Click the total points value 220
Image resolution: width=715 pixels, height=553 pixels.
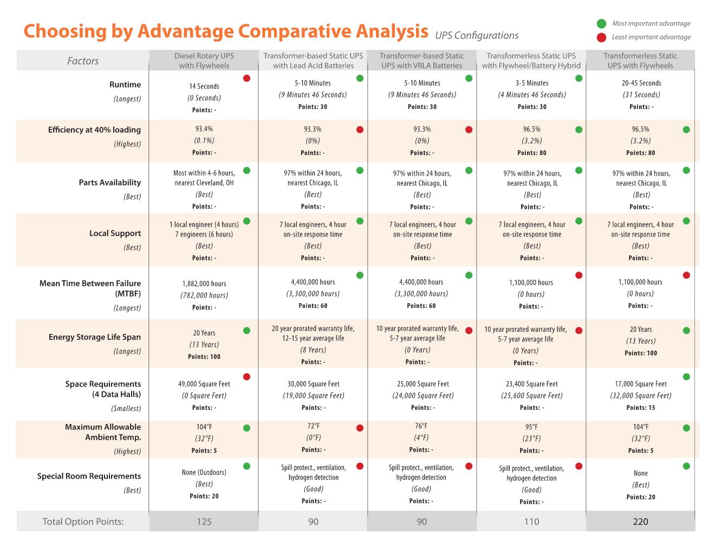click(640, 522)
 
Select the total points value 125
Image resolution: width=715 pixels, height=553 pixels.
click(204, 522)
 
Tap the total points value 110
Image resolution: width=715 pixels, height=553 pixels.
click(531, 522)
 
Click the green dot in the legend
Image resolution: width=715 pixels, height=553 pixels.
click(601, 24)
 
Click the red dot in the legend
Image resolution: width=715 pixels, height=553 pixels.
click(601, 37)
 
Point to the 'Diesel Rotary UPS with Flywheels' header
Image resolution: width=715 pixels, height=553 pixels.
click(204, 61)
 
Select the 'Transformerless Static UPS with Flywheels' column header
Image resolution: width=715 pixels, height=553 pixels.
click(640, 61)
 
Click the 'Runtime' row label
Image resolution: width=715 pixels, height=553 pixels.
click(125, 85)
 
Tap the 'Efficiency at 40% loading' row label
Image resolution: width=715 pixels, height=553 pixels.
click(94, 130)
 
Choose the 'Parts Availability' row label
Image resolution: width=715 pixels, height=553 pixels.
click(110, 183)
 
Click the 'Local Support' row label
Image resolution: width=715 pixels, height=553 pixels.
click(115, 234)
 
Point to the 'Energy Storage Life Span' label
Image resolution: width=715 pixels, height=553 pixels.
click(95, 337)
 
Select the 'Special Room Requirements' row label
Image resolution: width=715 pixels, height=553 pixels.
click(89, 477)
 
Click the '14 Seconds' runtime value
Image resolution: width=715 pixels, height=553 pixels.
click(204, 86)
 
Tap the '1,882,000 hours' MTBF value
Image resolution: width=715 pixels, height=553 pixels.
click(204, 284)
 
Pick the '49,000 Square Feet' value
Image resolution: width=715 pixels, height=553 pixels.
click(204, 384)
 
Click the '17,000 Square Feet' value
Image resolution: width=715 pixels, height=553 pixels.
click(641, 384)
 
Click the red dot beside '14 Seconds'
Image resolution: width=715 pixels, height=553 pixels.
click(247, 79)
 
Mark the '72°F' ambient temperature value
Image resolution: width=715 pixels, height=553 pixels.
click(314, 426)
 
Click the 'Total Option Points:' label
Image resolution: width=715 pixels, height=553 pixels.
click(83, 522)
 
